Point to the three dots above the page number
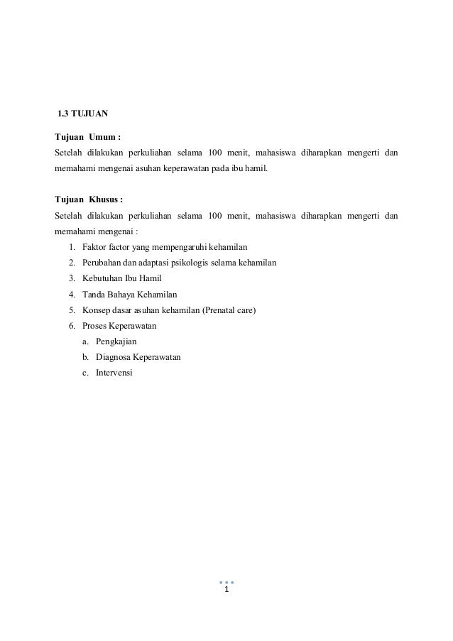226,581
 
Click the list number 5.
72,309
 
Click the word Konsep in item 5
96,309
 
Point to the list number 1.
72,247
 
